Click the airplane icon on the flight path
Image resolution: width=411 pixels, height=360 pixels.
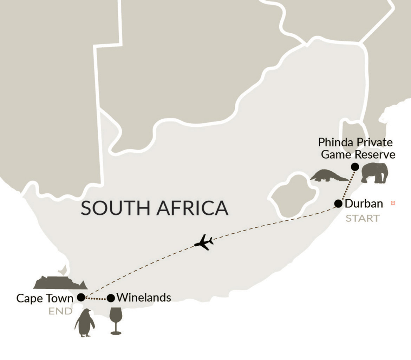204,242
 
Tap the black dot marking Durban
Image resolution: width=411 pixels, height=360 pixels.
338,204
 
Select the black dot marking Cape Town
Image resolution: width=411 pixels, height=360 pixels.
81,298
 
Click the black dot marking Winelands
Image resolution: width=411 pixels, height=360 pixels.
111,298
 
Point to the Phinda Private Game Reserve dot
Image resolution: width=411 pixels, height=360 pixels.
355,167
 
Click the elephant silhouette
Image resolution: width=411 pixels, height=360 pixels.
375,173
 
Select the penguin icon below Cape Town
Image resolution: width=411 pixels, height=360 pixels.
85,324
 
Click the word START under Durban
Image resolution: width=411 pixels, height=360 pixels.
363,218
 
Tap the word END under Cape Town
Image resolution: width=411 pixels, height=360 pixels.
60,312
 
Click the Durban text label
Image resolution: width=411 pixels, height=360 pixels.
364,203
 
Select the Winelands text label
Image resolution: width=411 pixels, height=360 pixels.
144,298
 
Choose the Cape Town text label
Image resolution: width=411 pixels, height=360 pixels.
45,298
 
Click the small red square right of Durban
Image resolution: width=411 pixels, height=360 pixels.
393,203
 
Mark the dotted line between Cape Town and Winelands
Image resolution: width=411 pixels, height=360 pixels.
96,299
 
